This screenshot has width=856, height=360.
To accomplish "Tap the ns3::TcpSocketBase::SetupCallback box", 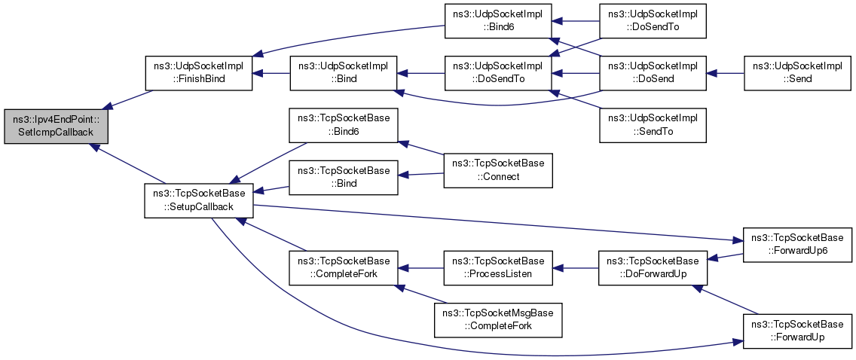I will coord(198,200).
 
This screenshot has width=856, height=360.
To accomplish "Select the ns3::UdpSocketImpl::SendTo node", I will coord(653,125).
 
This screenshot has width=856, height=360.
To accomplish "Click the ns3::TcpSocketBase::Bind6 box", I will coord(344,125).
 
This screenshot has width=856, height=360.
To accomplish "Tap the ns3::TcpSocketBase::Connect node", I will coord(498,170).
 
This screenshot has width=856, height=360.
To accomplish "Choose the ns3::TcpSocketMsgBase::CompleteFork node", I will coord(498,319).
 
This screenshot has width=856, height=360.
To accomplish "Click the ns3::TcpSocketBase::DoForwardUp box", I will coord(652,267).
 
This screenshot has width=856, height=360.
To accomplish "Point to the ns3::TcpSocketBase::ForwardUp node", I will coord(797,330).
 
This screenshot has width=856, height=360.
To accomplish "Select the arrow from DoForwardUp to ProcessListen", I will coord(576,267).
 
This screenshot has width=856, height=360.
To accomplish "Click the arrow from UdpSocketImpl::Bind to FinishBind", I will coord(271,73).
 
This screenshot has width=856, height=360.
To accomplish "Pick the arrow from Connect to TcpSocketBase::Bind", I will coord(420,175).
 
